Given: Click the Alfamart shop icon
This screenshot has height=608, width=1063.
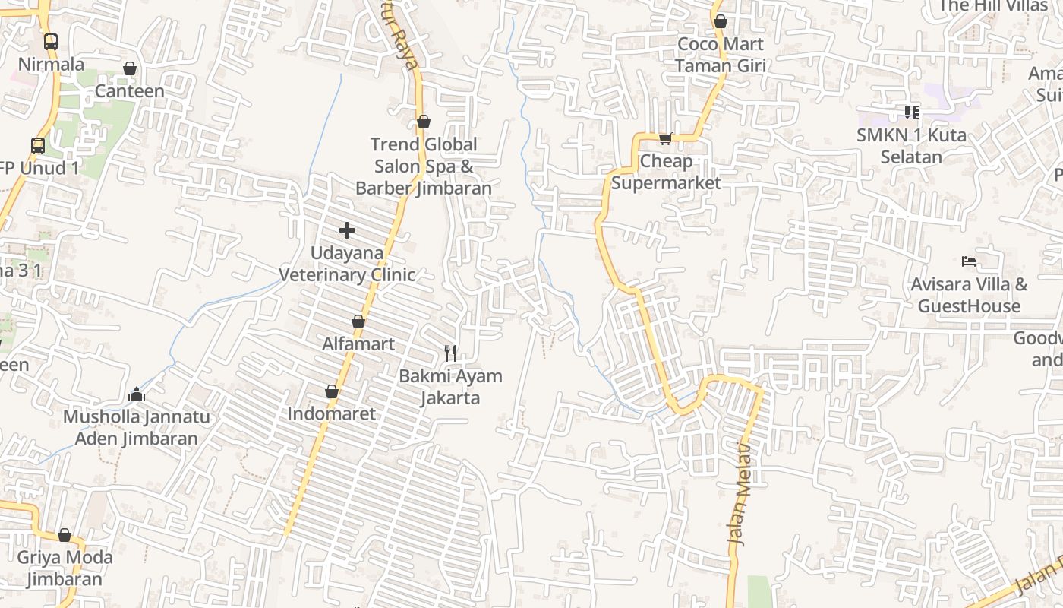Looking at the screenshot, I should [358, 322].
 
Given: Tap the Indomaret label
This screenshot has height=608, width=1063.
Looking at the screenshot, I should [332, 413].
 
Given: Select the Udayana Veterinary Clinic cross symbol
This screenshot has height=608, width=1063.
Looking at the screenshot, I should [347, 230].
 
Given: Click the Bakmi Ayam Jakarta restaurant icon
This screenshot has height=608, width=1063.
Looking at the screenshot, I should [451, 353].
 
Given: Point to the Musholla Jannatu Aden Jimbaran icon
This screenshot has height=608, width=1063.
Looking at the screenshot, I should [137, 394].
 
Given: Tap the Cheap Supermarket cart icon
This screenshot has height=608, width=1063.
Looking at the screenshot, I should [665, 138].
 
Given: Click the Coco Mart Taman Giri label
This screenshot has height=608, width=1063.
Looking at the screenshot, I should [721, 55].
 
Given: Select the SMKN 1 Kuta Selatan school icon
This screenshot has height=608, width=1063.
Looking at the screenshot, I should [912, 112].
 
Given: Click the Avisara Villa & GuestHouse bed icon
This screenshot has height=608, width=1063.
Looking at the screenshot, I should [969, 261].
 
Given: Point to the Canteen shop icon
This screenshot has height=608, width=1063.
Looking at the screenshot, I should [130, 69].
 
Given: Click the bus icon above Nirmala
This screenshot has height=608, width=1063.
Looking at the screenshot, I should [51, 42].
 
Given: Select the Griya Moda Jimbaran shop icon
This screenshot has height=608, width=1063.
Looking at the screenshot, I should [65, 536].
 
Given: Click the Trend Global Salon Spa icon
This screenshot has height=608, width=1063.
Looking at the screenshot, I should [424, 122].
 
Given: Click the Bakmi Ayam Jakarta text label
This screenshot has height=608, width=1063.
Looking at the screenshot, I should [451, 386].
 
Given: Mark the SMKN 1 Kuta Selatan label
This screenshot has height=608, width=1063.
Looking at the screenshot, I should [911, 146].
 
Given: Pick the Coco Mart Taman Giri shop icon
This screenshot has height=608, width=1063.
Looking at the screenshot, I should [721, 21].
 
